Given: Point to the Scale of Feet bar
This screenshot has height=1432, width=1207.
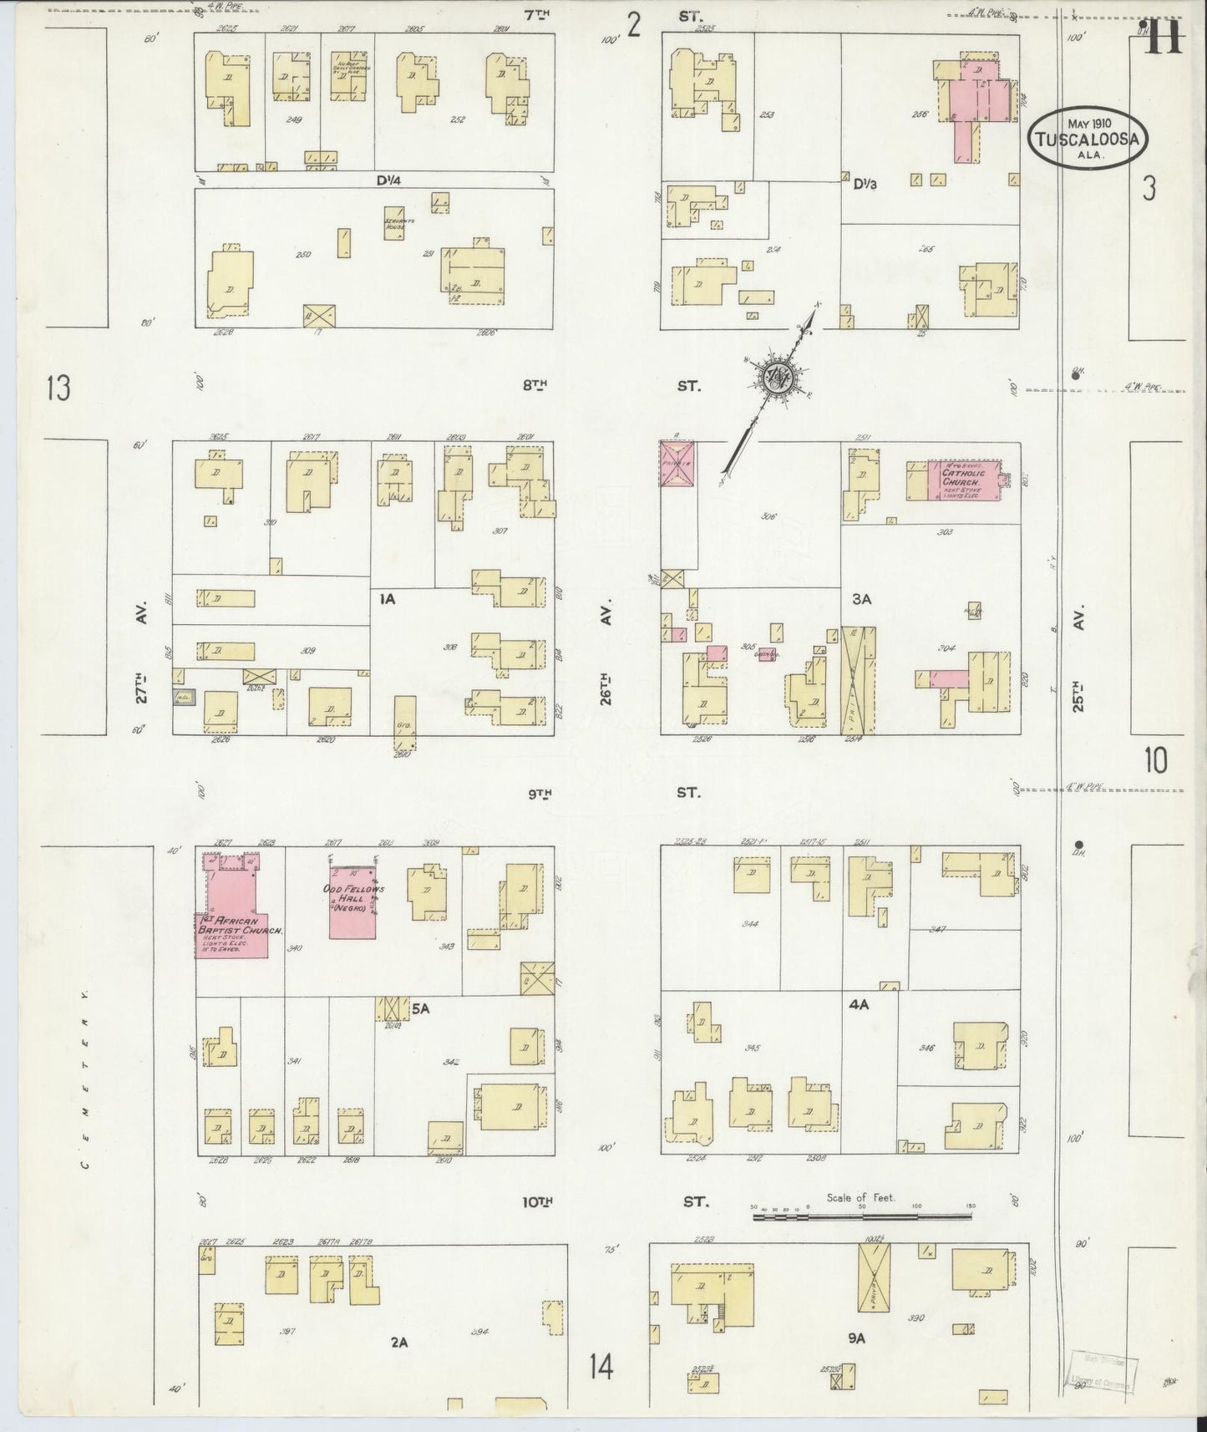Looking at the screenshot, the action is point(861,1216).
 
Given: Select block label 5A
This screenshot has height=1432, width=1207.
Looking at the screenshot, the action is point(420,1008).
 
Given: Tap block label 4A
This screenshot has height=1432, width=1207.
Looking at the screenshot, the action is point(859,1004).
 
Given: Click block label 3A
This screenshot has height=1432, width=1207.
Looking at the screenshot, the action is point(861,598).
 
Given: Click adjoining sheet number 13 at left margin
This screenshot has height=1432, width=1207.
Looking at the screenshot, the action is point(58,388).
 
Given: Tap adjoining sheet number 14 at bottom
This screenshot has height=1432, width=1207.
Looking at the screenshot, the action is point(601,1368).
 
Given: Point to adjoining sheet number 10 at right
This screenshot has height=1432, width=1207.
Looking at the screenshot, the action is point(1156,760).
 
